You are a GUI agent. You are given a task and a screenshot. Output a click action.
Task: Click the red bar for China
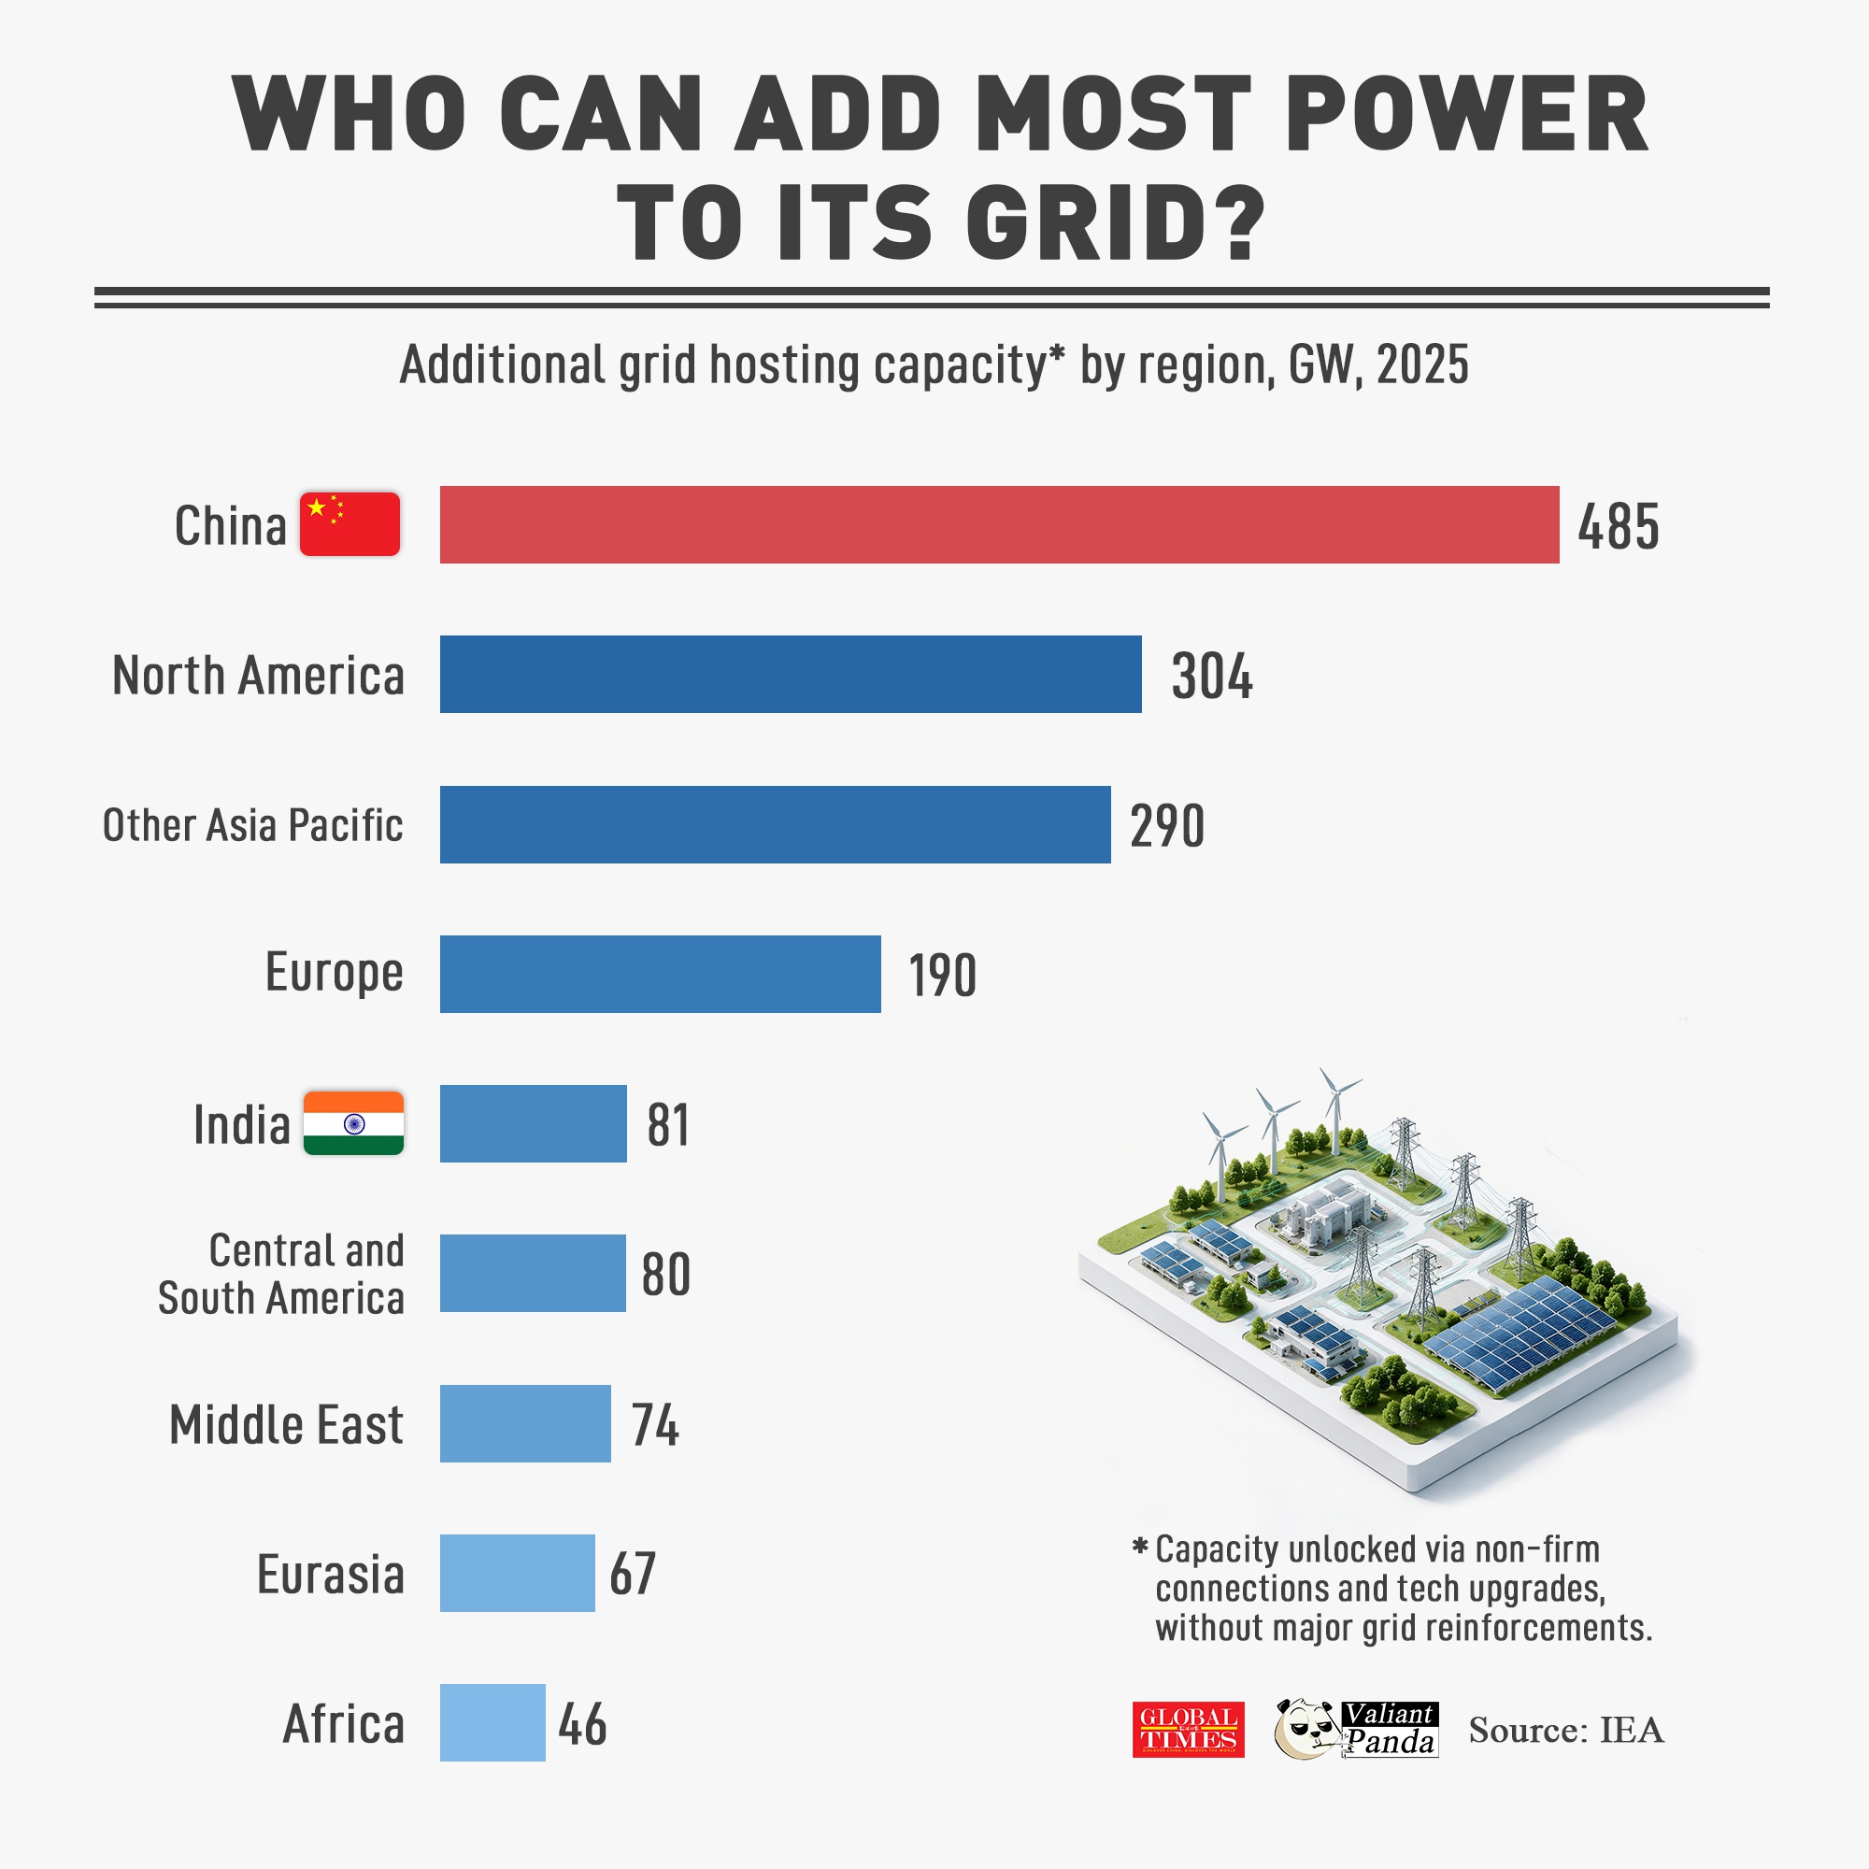tap(998, 524)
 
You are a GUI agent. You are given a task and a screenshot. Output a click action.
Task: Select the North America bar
tap(791, 675)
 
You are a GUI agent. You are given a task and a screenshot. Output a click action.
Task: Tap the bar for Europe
tap(660, 974)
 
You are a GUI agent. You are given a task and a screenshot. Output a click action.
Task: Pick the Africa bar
tap(492, 1722)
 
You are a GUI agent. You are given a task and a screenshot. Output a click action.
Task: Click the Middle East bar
tap(525, 1423)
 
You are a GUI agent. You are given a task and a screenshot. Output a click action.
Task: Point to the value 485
tap(1618, 527)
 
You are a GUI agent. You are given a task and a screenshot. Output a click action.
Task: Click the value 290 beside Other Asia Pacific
tap(1166, 826)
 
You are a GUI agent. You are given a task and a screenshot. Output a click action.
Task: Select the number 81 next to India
tap(667, 1125)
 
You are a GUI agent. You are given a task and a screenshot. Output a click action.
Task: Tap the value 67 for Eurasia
tap(632, 1574)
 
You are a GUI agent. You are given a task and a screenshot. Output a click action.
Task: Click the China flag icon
tap(350, 524)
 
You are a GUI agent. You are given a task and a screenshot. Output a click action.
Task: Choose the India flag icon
tap(353, 1123)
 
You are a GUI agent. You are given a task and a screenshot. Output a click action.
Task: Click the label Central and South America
tap(281, 1274)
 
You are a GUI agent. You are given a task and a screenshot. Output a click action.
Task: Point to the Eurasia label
tap(330, 1574)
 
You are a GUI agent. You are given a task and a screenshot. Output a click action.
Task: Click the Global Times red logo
tap(1188, 1730)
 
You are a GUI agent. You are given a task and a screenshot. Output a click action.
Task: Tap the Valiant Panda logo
tap(1356, 1729)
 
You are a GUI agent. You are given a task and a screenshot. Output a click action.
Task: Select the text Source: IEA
tap(1565, 1730)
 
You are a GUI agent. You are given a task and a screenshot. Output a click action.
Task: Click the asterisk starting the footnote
tap(1139, 1546)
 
